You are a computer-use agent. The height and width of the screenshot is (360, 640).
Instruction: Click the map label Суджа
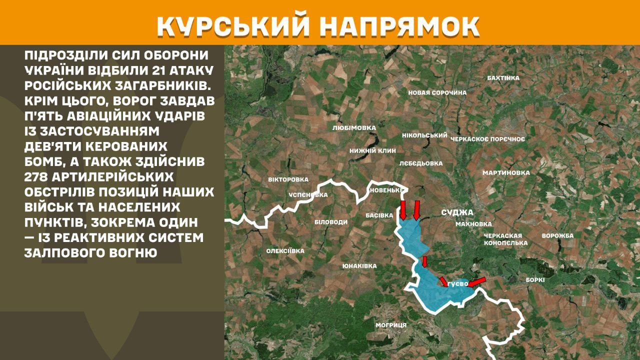[457, 212]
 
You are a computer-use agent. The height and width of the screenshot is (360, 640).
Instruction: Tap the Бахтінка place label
[503, 78]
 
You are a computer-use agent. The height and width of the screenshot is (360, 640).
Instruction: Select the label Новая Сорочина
[437, 92]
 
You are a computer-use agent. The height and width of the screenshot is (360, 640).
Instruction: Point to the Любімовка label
[354, 128]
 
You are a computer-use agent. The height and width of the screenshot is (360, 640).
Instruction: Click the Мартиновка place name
[506, 173]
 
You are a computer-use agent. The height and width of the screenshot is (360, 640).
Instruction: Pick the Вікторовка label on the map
[288, 179]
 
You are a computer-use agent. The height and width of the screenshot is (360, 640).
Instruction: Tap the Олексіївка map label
[285, 251]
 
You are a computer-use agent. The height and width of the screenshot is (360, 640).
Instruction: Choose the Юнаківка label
[359, 266]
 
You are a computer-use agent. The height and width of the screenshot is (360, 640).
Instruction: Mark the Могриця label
[391, 325]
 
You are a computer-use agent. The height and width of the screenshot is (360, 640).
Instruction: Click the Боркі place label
[535, 280]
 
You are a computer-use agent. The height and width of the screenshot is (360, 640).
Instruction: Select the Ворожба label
[557, 235]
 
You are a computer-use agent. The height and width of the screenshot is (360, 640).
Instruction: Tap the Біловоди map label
[330, 221]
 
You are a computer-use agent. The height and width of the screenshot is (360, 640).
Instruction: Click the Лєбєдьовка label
[421, 163]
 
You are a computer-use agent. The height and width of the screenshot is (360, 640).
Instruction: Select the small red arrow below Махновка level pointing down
[424, 261]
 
